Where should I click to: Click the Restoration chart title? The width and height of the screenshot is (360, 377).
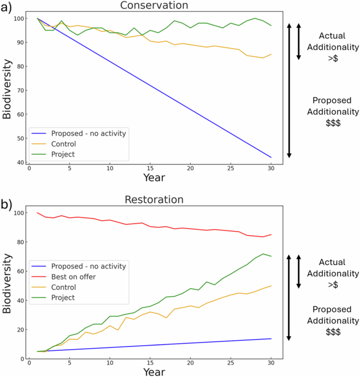[154, 200]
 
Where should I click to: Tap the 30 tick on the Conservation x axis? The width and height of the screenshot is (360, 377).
[271, 167]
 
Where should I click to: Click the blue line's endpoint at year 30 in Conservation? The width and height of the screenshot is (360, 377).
[271, 157]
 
